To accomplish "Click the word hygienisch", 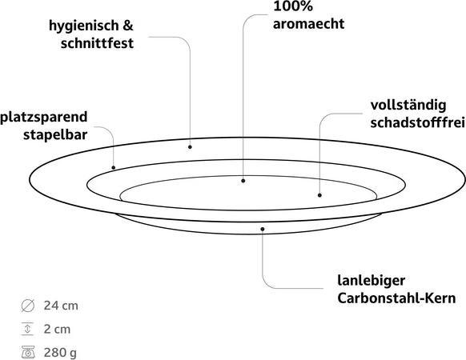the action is click(x=84, y=26).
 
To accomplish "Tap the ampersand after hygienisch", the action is click(x=128, y=26).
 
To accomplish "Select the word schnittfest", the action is click(x=97, y=43).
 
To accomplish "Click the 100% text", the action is click(x=293, y=6).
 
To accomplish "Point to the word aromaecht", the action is click(x=308, y=24).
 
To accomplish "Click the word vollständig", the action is click(x=408, y=106).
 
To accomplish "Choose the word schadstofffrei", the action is click(x=417, y=122).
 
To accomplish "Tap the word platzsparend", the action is click(x=44, y=118).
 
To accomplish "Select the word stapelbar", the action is click(x=55, y=134).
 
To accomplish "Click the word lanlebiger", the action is click(x=372, y=281).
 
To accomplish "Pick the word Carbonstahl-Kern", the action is click(x=396, y=298).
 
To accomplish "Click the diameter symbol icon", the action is click(x=28, y=306).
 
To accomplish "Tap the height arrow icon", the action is click(x=27, y=329).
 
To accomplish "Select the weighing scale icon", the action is click(x=28, y=352).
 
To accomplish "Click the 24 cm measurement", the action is click(x=61, y=306).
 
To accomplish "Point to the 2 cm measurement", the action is click(x=57, y=329).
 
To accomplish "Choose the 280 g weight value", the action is click(x=60, y=353).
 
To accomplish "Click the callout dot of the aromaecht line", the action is click(x=243, y=181).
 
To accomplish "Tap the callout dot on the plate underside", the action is click(x=263, y=229).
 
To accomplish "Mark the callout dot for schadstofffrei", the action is click(x=319, y=195).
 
